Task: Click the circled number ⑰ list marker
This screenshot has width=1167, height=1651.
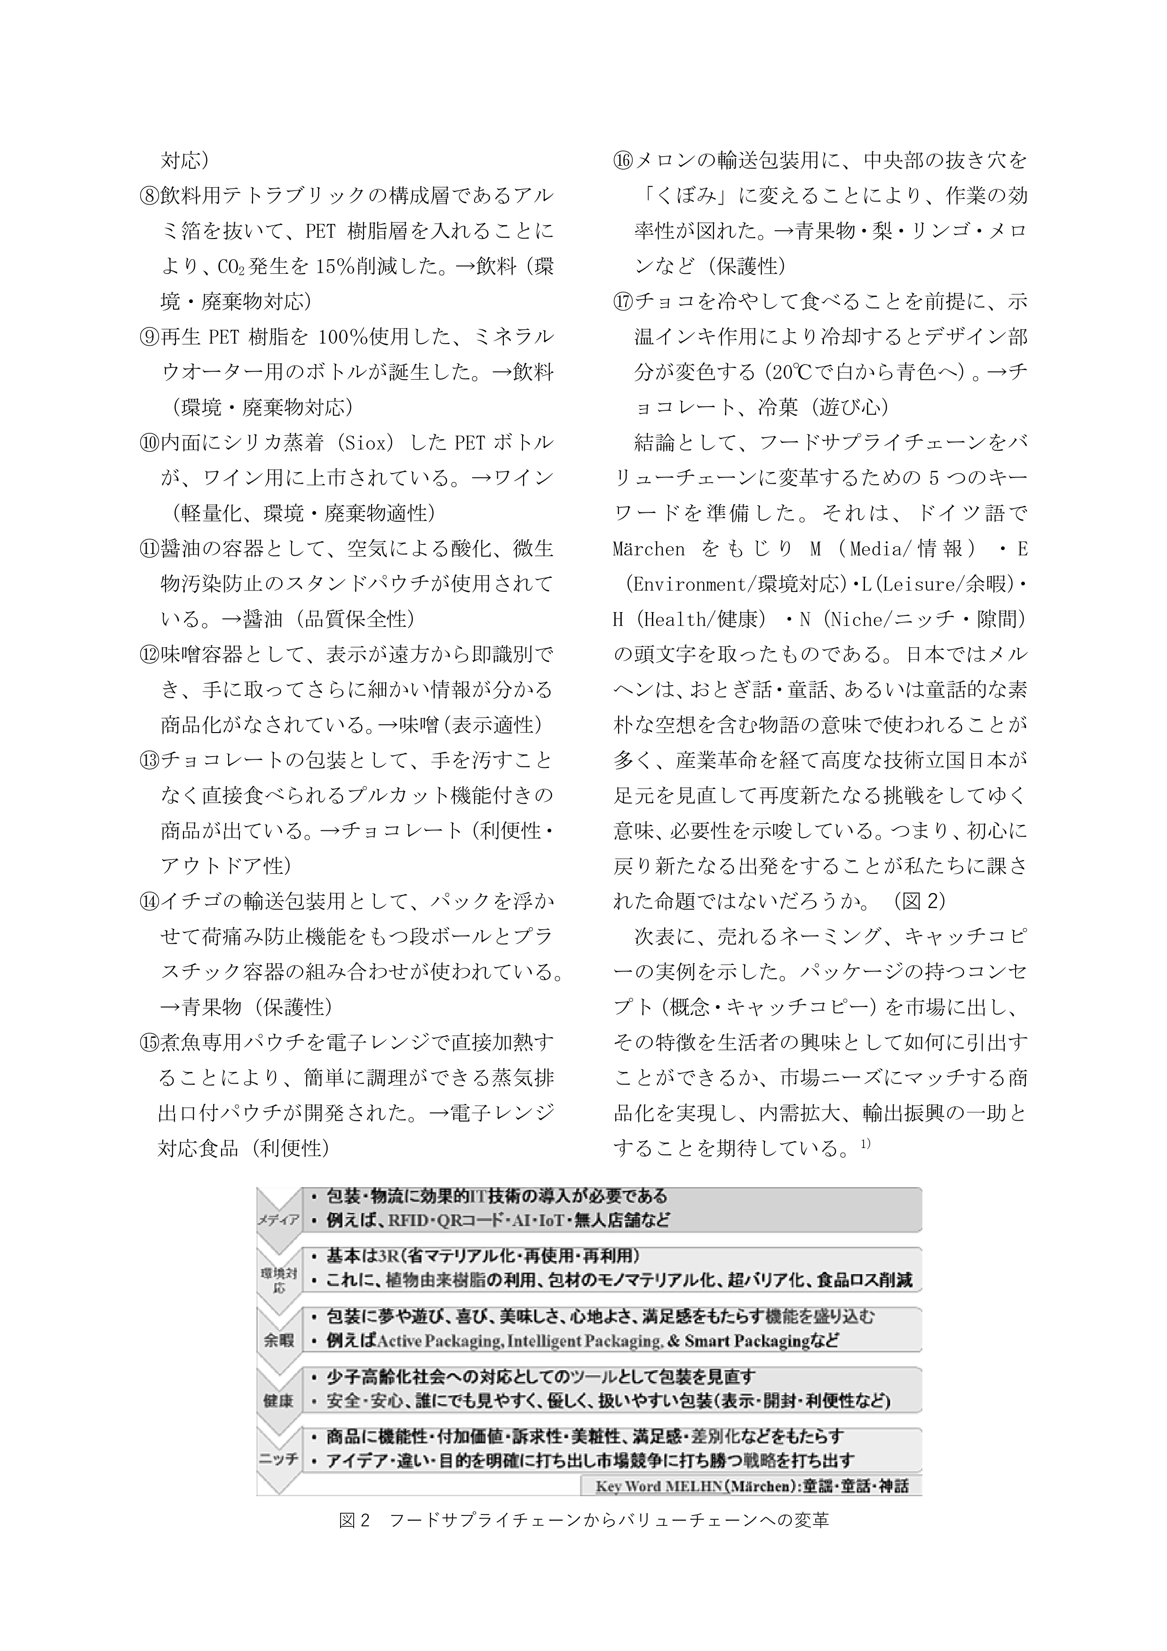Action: point(623,301)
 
